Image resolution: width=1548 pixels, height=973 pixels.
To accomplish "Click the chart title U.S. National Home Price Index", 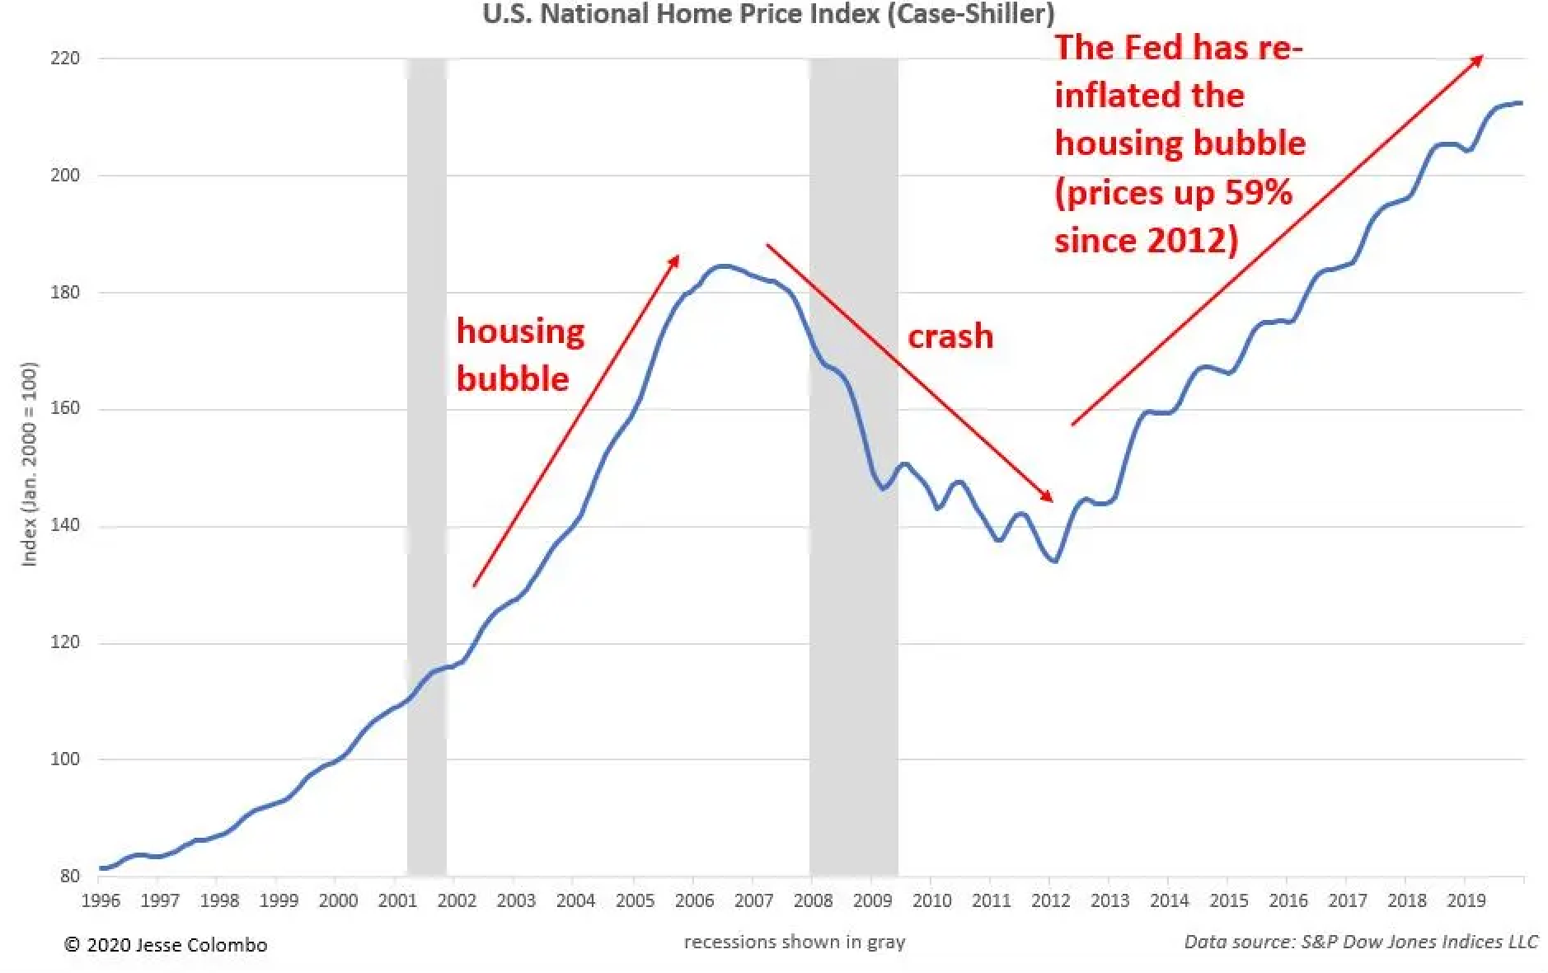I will (x=767, y=14).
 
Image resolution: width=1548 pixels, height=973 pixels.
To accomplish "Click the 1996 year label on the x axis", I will (x=100, y=900).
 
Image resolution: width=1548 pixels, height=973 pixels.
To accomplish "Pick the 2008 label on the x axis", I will (x=813, y=900).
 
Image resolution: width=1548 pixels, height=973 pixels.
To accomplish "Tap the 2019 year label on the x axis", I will (x=1466, y=900).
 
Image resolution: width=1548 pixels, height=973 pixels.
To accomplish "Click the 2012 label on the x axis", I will (x=1050, y=900).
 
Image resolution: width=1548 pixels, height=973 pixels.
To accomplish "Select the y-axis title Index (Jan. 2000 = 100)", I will (x=30, y=463).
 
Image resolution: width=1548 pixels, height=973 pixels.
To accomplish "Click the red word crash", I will (x=950, y=336).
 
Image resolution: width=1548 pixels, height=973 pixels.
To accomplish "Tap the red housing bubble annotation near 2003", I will (x=519, y=355).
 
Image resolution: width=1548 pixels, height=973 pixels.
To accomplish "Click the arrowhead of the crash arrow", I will (x=1048, y=496).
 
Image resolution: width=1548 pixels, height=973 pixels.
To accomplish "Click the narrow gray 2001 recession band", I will (x=426, y=462).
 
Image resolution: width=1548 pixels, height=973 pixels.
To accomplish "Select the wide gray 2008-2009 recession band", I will (x=852, y=462).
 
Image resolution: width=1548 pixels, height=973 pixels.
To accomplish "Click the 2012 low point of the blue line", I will (x=1054, y=562).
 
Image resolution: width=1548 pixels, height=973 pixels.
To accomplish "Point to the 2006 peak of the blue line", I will (x=722, y=266).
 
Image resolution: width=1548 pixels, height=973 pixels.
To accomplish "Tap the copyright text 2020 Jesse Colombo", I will (x=166, y=945).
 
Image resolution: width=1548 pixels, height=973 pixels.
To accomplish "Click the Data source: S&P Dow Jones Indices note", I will (x=1360, y=942).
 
